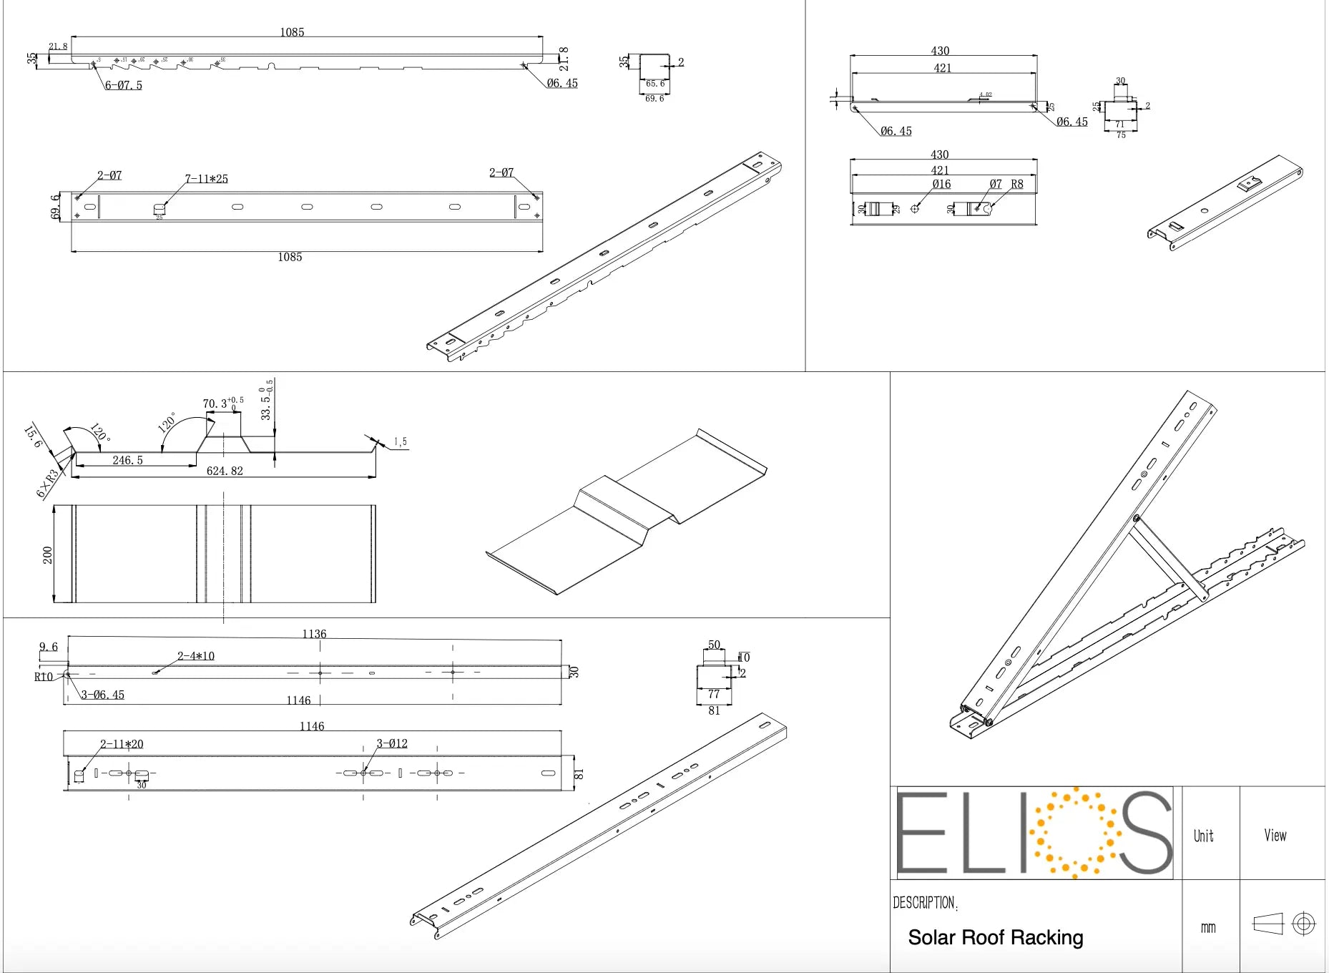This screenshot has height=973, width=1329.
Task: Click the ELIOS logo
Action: (1034, 833)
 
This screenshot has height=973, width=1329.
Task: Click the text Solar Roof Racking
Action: (995, 937)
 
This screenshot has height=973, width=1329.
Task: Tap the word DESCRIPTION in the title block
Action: (923, 903)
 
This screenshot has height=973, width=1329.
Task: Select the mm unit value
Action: (1207, 928)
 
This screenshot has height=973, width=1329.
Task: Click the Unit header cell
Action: (1203, 836)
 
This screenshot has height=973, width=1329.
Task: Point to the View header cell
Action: (1275, 835)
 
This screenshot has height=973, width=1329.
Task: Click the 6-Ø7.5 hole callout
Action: (124, 85)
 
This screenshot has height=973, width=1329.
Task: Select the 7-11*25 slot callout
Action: (207, 179)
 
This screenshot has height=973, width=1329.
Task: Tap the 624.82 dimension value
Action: (225, 471)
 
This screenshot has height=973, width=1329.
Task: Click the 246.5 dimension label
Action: (127, 460)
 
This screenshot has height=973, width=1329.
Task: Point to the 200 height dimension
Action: (48, 555)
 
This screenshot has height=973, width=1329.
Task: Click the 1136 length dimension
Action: (314, 634)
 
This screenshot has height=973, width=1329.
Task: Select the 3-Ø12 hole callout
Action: (392, 744)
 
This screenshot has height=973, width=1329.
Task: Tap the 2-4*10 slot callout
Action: (196, 656)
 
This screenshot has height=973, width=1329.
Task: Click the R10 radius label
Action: (44, 677)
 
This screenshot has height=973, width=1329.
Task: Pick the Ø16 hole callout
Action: (941, 185)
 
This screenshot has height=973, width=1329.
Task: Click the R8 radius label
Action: (1016, 185)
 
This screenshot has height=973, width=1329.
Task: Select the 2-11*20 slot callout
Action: (122, 744)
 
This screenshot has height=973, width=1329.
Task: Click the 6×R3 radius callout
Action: (47, 484)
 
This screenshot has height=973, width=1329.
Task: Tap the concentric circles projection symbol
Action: (1303, 924)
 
